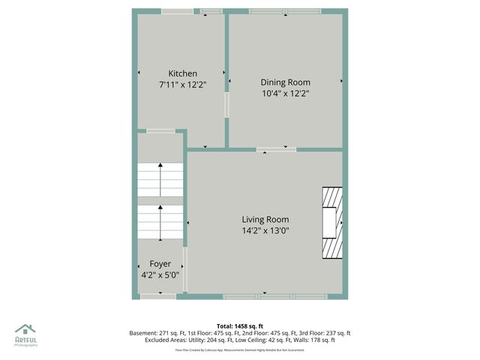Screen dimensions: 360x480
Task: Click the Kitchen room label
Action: coord(182,73)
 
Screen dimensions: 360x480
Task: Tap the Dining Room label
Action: coord(285,82)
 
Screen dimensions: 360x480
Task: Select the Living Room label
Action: coord(265,220)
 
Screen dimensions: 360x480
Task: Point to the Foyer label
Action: coord(160,264)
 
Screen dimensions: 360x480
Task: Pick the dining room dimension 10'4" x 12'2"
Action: coord(285,94)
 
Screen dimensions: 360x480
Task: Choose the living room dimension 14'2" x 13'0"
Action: coord(265,231)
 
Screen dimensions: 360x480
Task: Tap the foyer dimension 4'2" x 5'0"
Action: coord(160,275)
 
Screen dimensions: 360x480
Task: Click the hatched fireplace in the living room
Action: coord(332,223)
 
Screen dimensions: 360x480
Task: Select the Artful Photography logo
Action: coord(25,334)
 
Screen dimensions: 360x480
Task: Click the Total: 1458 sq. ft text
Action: coord(240,326)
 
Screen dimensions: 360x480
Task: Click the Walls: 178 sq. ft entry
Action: coord(318,340)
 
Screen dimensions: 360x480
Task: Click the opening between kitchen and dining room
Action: coord(226,104)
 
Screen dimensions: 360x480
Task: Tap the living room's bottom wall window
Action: coord(275,297)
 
